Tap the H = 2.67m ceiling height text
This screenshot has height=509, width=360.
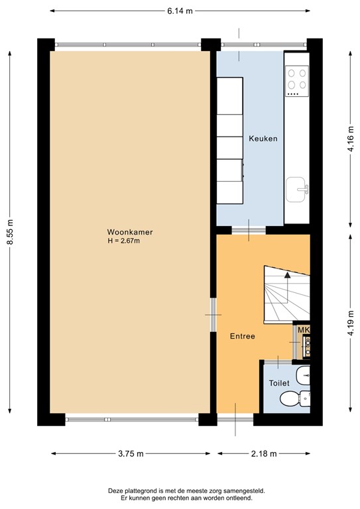coord(123,241)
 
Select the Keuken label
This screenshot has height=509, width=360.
coord(263,139)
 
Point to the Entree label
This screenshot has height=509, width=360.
coord(242,336)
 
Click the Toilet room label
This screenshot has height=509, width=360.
coord(278,383)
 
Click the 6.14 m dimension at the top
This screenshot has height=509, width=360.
coord(180,11)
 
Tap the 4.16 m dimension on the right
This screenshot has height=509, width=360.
coord(349,141)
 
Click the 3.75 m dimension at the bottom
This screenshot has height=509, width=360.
coord(130,454)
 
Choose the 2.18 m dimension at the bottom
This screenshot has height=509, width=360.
coord(263,454)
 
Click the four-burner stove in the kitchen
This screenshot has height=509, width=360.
coord(296,80)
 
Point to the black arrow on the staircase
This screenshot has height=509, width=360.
coord(286,273)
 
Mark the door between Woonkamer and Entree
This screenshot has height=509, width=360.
coord(213,313)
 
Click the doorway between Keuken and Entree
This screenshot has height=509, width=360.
coord(249,231)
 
